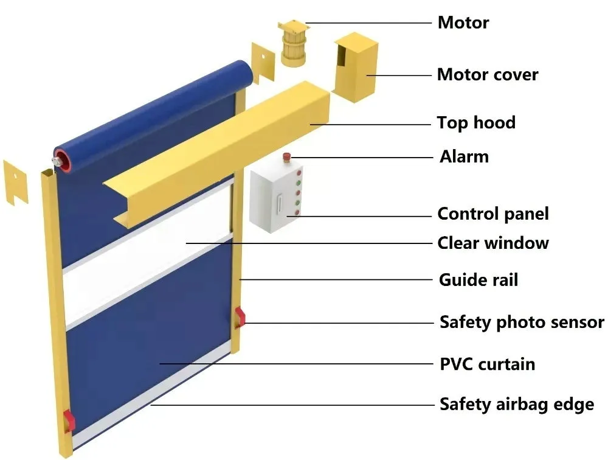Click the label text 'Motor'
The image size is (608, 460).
(x=463, y=23)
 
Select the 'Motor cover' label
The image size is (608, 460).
(x=488, y=75)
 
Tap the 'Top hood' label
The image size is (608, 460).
(x=476, y=123)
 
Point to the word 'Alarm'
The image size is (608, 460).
(x=464, y=157)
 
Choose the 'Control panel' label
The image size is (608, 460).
(x=493, y=214)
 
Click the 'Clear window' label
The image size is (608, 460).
(x=493, y=243)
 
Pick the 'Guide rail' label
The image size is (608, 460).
(x=478, y=280)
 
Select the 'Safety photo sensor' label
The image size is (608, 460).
(x=522, y=322)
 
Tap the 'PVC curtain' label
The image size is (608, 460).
(x=488, y=364)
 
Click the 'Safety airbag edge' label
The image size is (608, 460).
(x=517, y=404)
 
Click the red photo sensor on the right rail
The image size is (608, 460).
(x=240, y=316)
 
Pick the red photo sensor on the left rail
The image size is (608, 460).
(x=69, y=419)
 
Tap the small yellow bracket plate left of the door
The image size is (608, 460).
(x=15, y=181)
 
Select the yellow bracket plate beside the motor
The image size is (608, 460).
(x=263, y=63)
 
